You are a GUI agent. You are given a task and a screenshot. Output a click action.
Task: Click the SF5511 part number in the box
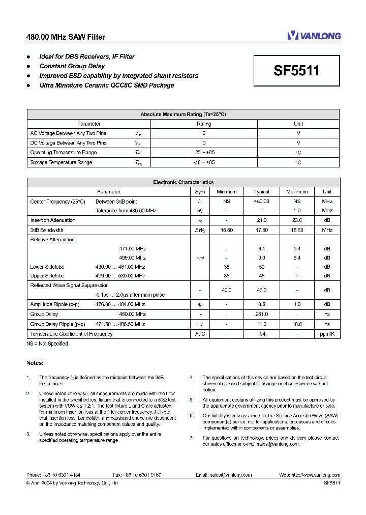(296, 70)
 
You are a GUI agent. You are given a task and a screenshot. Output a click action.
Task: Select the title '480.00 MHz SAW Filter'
(66, 37)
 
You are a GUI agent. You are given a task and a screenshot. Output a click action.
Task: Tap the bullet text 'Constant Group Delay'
(72, 66)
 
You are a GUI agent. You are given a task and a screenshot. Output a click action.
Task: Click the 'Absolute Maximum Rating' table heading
(183, 115)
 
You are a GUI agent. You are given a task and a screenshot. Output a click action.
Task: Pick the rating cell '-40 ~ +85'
(204, 162)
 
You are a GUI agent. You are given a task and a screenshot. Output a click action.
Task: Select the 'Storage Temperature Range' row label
(61, 162)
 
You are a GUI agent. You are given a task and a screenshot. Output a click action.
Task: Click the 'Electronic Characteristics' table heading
(183, 182)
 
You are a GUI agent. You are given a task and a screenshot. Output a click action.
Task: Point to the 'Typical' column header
(262, 192)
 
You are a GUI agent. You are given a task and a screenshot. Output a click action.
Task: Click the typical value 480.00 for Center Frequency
(262, 202)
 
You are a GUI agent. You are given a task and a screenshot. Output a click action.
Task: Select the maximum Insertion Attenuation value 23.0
(297, 220)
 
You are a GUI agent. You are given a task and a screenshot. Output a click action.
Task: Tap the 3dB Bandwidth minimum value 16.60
(227, 230)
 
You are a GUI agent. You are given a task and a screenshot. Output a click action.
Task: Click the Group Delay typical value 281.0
(262, 314)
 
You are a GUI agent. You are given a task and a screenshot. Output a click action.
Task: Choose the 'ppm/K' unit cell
(327, 334)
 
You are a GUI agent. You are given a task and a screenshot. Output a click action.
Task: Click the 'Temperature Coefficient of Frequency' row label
(71, 334)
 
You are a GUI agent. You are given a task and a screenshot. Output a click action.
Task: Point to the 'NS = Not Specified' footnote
(47, 344)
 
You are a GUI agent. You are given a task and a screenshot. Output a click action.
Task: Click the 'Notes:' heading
(35, 363)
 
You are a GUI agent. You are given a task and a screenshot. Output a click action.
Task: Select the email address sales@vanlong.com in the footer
(230, 475)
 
